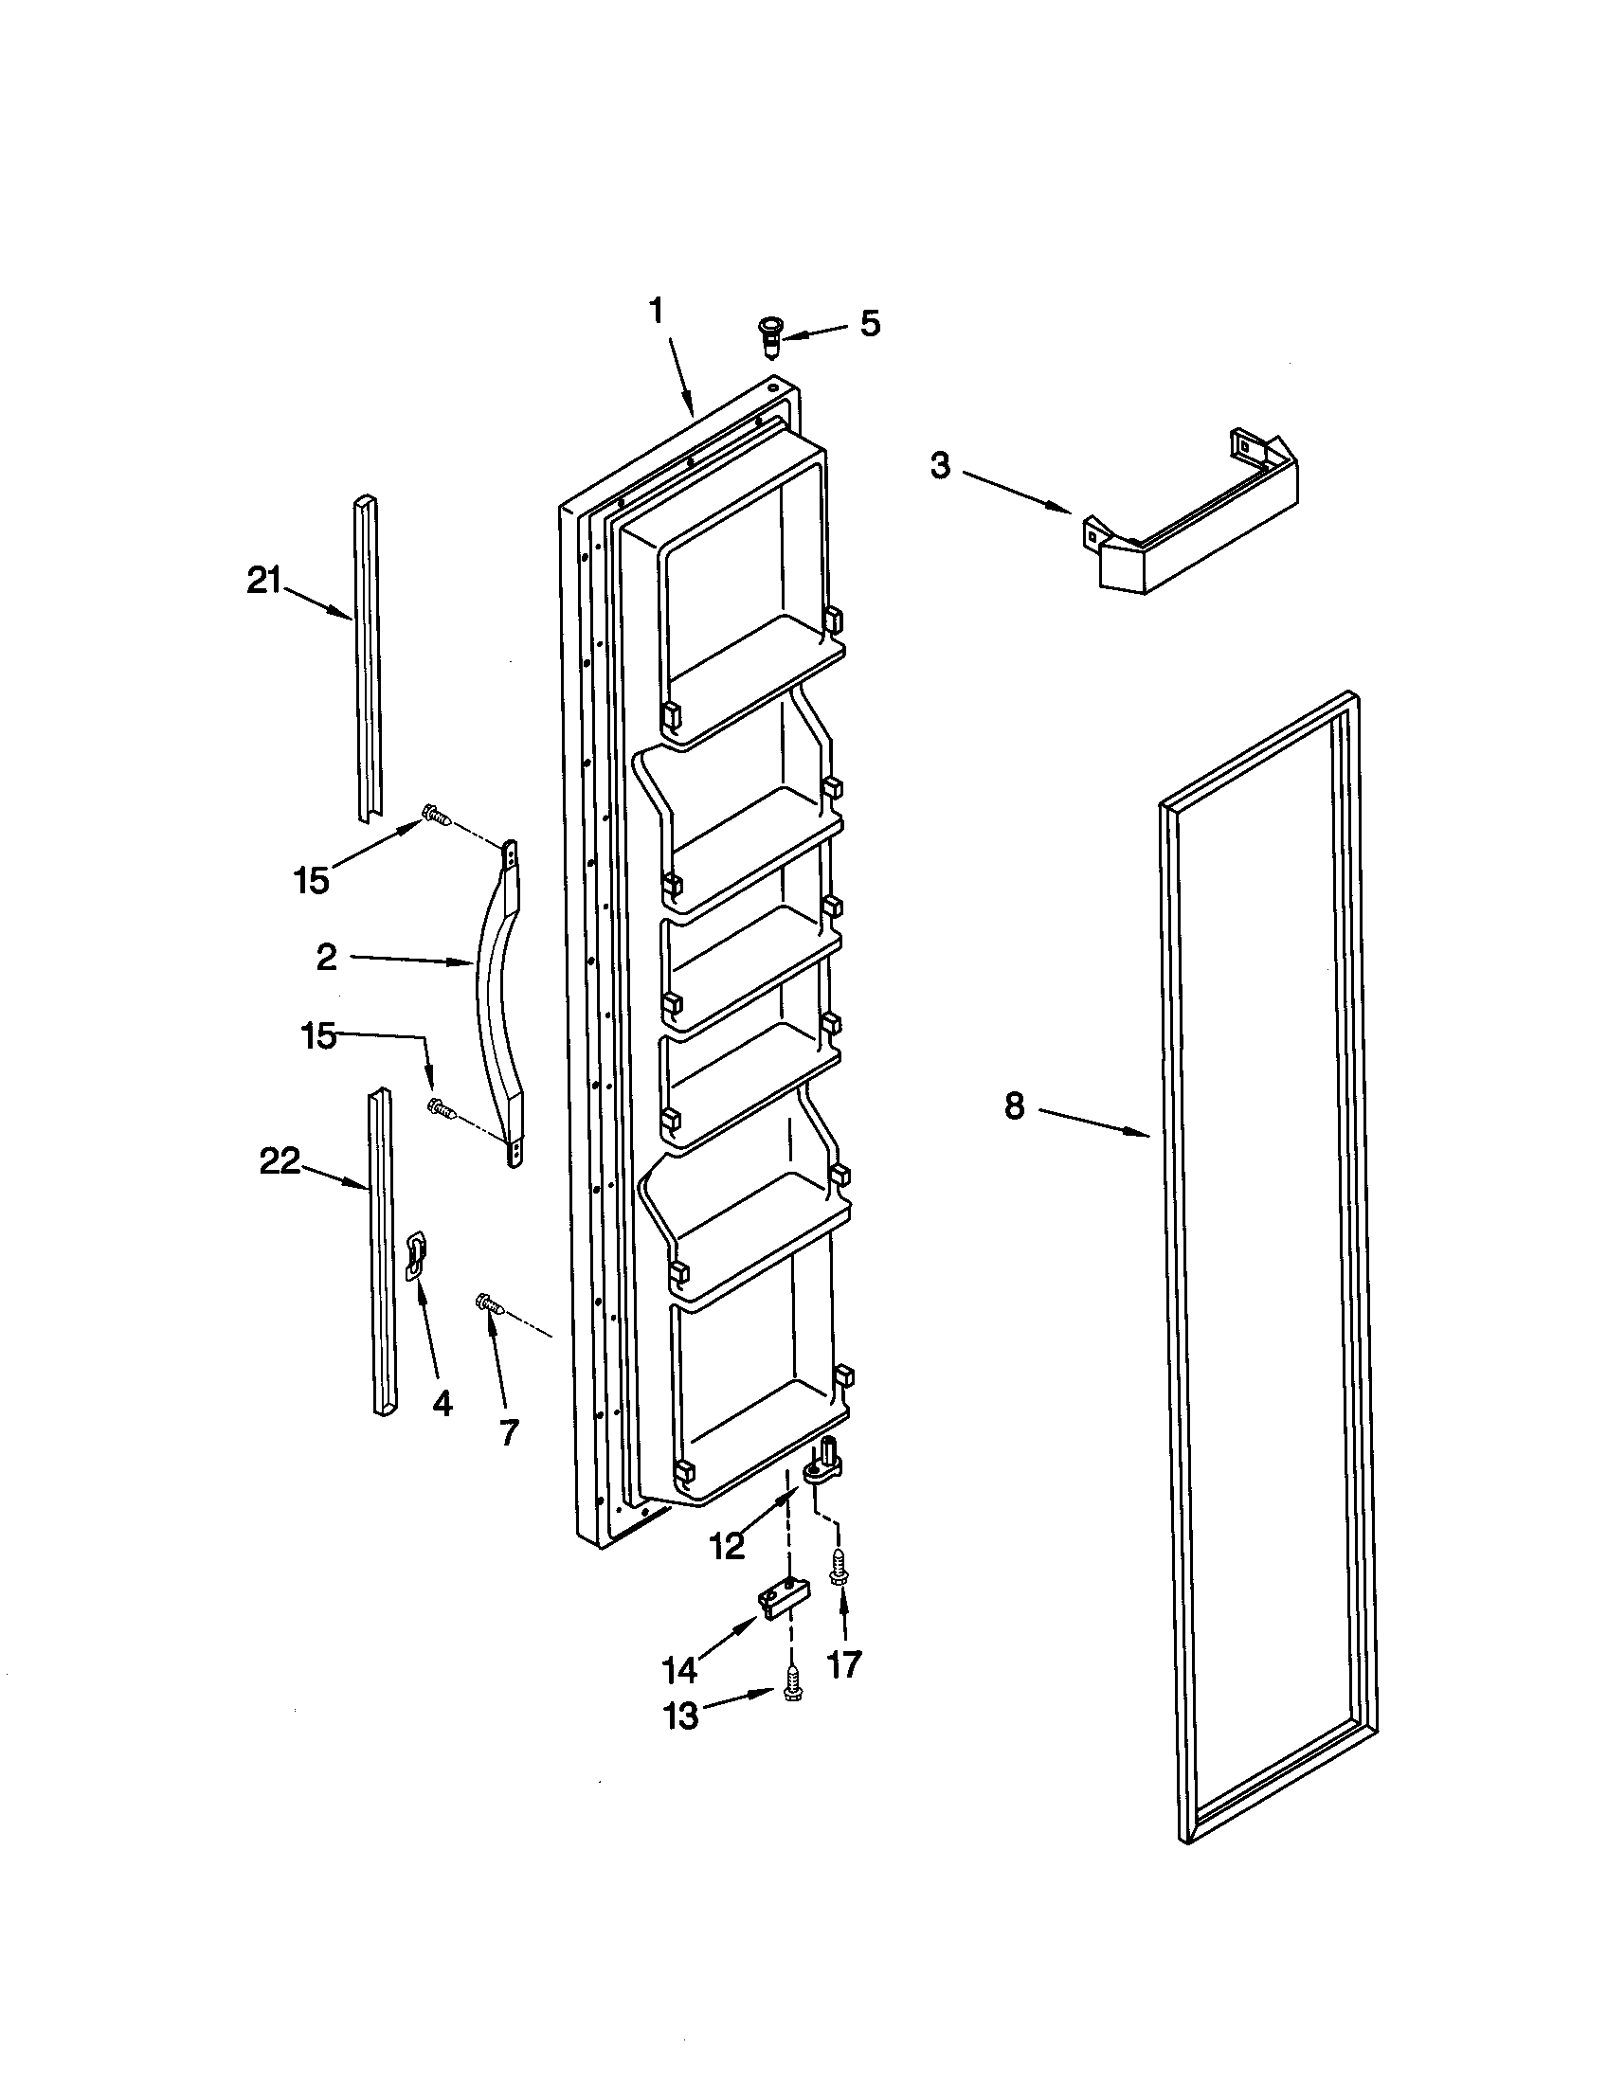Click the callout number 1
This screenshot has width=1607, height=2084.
point(656,312)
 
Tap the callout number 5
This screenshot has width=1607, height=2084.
point(869,323)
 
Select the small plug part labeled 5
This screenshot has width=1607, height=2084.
point(767,337)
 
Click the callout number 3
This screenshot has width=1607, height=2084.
point(940,467)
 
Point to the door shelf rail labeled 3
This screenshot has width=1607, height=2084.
point(1193,515)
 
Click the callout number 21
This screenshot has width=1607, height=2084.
point(263,580)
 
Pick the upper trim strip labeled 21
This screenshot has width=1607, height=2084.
point(367,658)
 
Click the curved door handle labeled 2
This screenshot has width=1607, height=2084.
point(497,1002)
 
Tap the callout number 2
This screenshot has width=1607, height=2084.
point(327,957)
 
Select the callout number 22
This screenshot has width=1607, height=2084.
point(280,1161)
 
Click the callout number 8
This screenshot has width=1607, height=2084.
point(1014,1105)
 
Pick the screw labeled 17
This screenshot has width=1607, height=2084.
point(837,1568)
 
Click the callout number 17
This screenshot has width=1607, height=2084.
point(843,1663)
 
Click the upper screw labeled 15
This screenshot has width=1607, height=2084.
point(436,816)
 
